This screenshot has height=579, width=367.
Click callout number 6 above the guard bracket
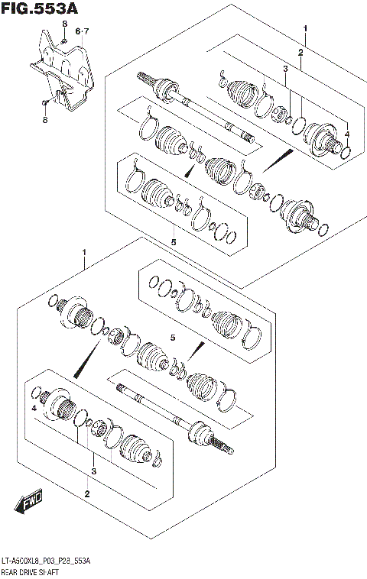pos(77,31)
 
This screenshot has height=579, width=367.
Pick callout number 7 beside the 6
pos(86,31)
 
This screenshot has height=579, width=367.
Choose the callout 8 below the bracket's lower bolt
pos(46,119)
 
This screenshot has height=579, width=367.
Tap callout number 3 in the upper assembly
pos(285,70)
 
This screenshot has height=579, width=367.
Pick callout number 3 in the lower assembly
pos(93,471)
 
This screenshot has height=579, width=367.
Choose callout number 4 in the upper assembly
pos(346,134)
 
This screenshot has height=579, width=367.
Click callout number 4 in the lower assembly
pos(34,409)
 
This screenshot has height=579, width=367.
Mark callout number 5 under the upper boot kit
pos(174,241)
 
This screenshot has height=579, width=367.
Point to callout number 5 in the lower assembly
pos(173,337)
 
